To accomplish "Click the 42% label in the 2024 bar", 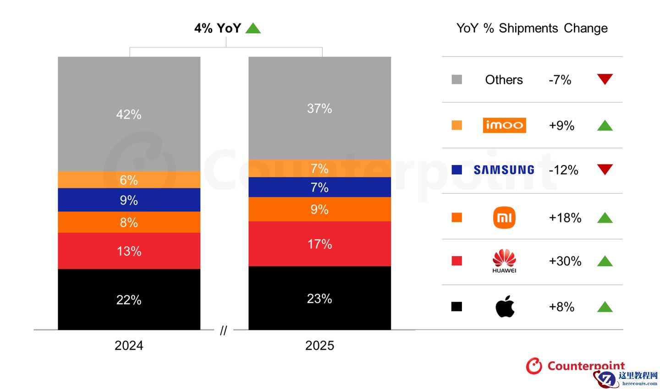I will point(129,114).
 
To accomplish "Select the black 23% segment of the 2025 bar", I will point(319,298).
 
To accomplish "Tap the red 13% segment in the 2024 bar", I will point(129,251).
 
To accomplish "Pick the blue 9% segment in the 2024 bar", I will point(129,200).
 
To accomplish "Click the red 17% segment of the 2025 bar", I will point(319,244).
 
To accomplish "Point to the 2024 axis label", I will point(129,345).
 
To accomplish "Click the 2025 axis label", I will point(319,345).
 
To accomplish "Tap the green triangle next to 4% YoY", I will point(253,29).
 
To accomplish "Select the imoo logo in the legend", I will point(504,125).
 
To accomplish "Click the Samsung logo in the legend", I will point(504,170).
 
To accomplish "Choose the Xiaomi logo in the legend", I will point(504,217).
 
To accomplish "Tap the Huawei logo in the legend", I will point(504,261).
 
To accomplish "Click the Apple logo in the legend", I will point(505,307).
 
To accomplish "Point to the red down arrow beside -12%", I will point(605,170).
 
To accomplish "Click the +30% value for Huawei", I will point(565,261).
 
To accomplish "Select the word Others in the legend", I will point(504,80).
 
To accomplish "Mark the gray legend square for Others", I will point(456,80).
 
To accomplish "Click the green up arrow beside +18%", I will point(605,218).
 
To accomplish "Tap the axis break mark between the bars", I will point(223,330).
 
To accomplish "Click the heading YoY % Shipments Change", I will point(532,28).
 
